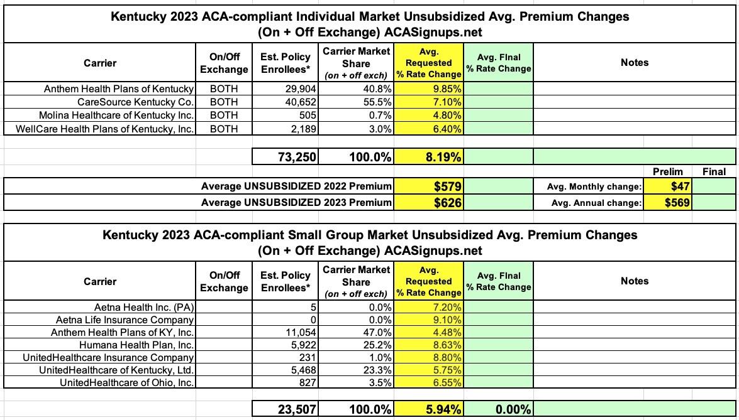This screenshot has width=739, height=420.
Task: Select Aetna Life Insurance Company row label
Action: [125, 320]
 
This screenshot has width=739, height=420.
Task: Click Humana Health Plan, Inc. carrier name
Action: [136, 345]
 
